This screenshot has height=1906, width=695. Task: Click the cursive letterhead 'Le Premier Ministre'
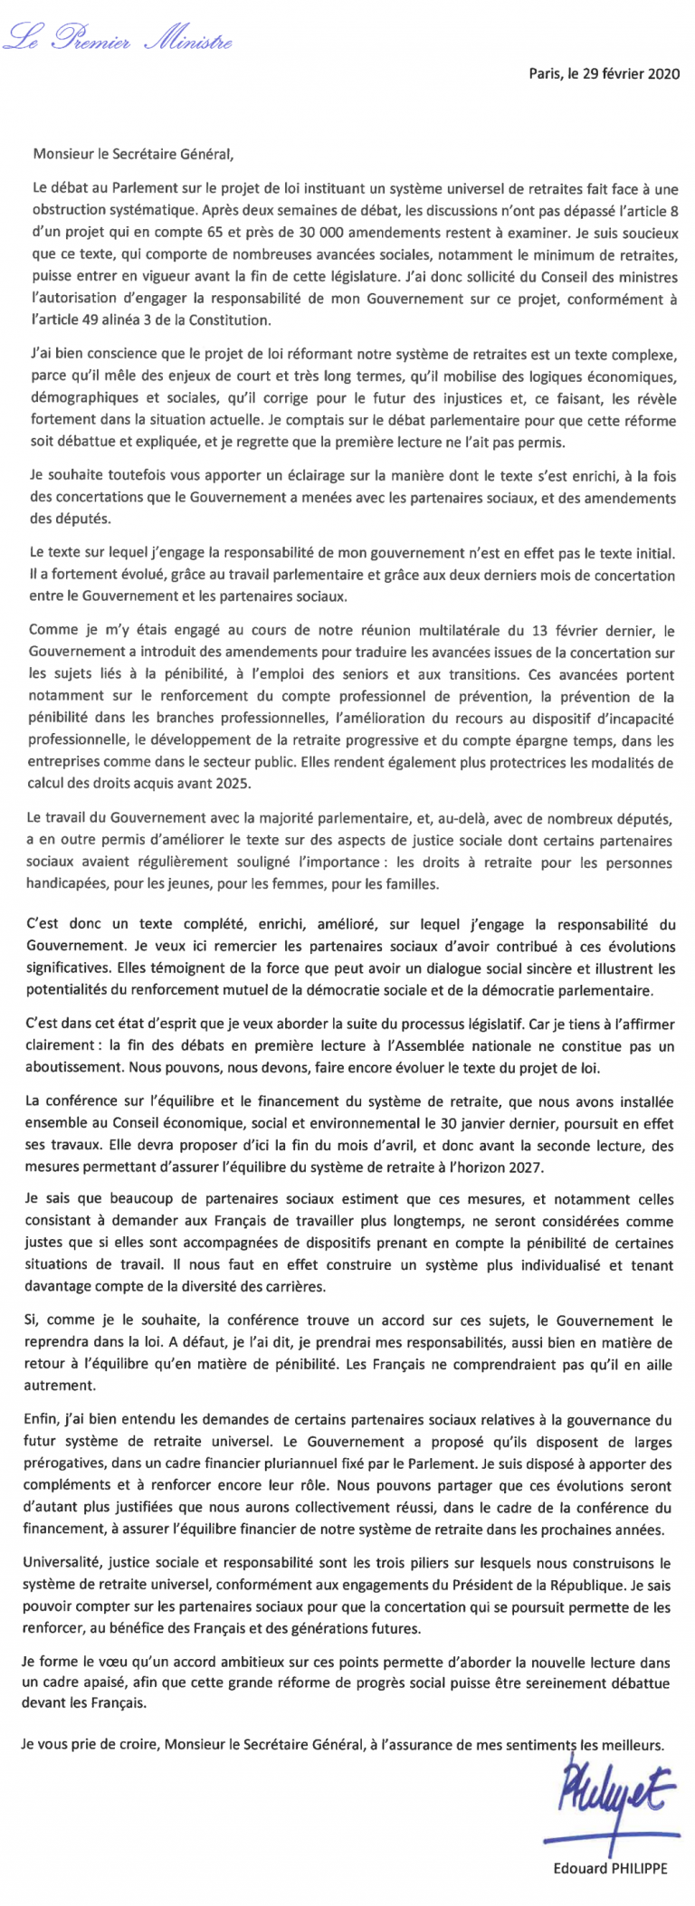coord(118,38)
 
